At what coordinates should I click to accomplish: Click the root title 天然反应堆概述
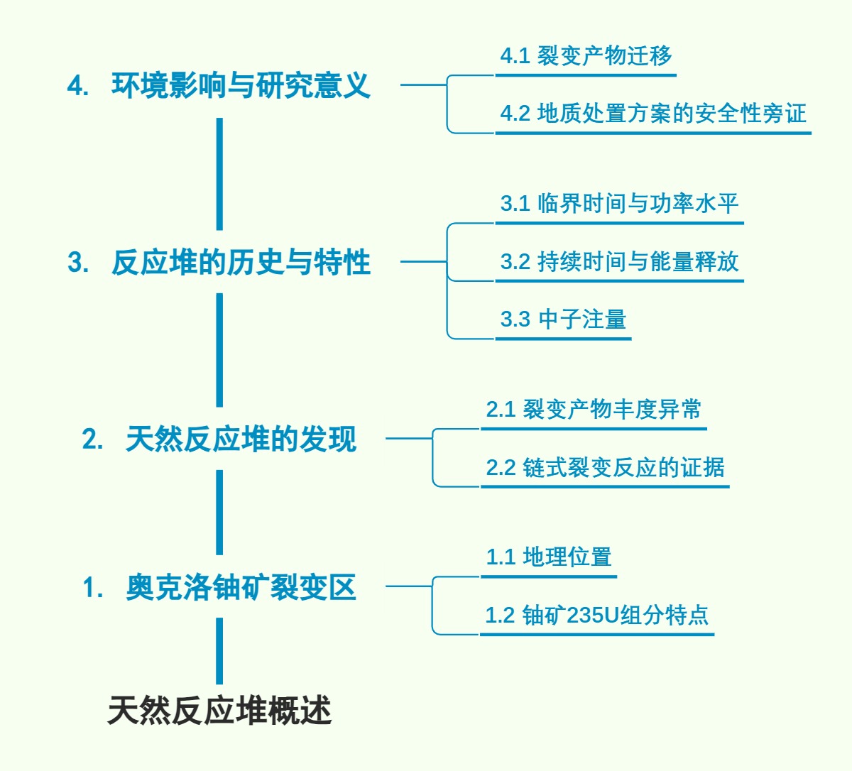(x=219, y=711)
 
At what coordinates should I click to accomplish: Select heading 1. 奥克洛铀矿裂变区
(x=219, y=588)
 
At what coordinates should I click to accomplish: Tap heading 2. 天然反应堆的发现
(x=219, y=439)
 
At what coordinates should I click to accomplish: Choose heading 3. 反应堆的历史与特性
(x=219, y=263)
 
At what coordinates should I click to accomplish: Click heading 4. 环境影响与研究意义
(x=219, y=86)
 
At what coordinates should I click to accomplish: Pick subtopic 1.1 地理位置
(x=549, y=557)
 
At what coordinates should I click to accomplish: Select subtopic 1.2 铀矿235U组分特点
(x=596, y=615)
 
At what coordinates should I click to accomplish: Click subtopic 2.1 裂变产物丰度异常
(x=594, y=410)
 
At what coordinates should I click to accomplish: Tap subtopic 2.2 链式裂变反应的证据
(x=605, y=468)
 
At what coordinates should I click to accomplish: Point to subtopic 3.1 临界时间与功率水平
(x=619, y=204)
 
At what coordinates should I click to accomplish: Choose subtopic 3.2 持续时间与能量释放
(x=619, y=262)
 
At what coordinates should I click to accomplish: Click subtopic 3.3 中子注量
(x=563, y=319)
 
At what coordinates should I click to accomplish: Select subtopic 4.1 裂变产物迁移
(x=586, y=56)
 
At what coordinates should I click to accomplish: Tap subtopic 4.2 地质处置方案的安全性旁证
(x=653, y=114)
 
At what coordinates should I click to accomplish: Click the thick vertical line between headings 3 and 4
(x=219, y=174)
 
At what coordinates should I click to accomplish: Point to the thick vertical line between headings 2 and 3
(x=219, y=350)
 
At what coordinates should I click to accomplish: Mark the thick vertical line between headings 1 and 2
(x=219, y=512)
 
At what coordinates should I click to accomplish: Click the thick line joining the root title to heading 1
(x=219, y=650)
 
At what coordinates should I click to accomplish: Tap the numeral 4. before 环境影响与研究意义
(x=77, y=87)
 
